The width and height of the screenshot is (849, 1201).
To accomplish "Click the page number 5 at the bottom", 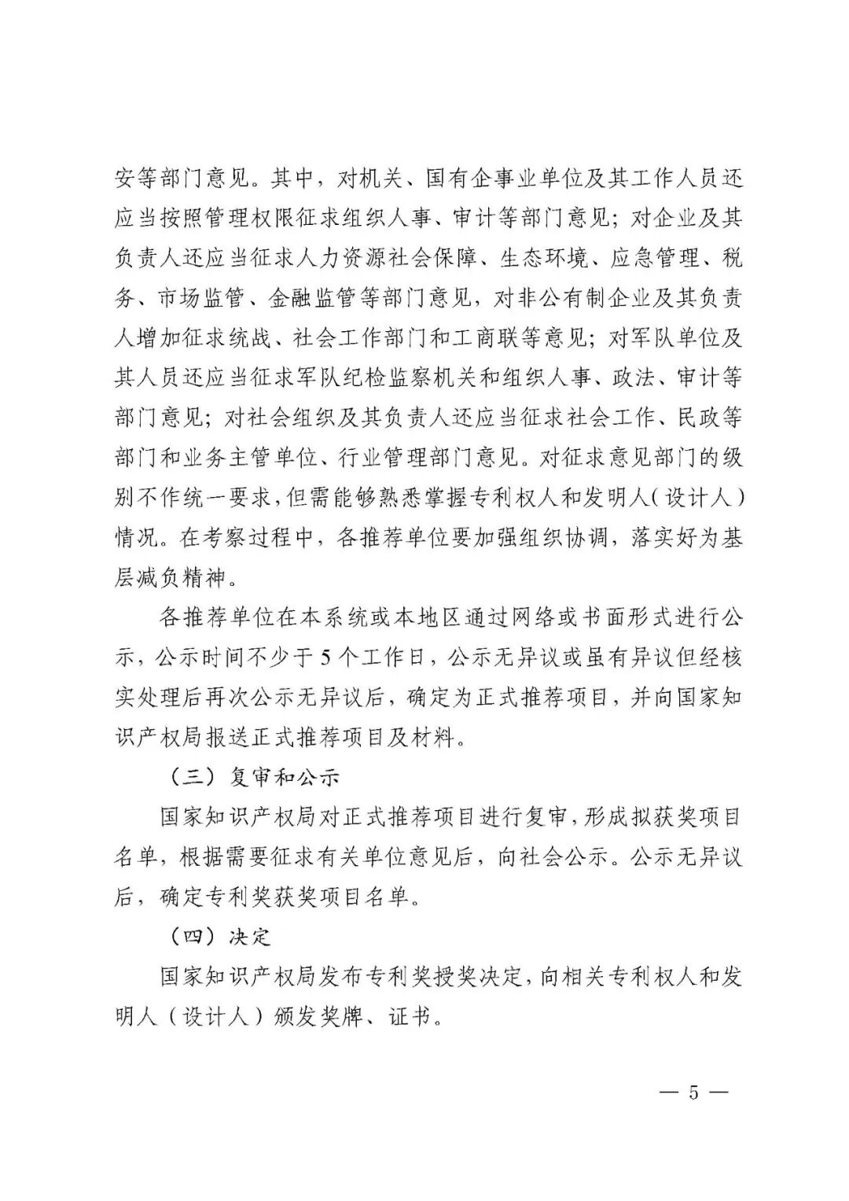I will tap(693, 1093).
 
